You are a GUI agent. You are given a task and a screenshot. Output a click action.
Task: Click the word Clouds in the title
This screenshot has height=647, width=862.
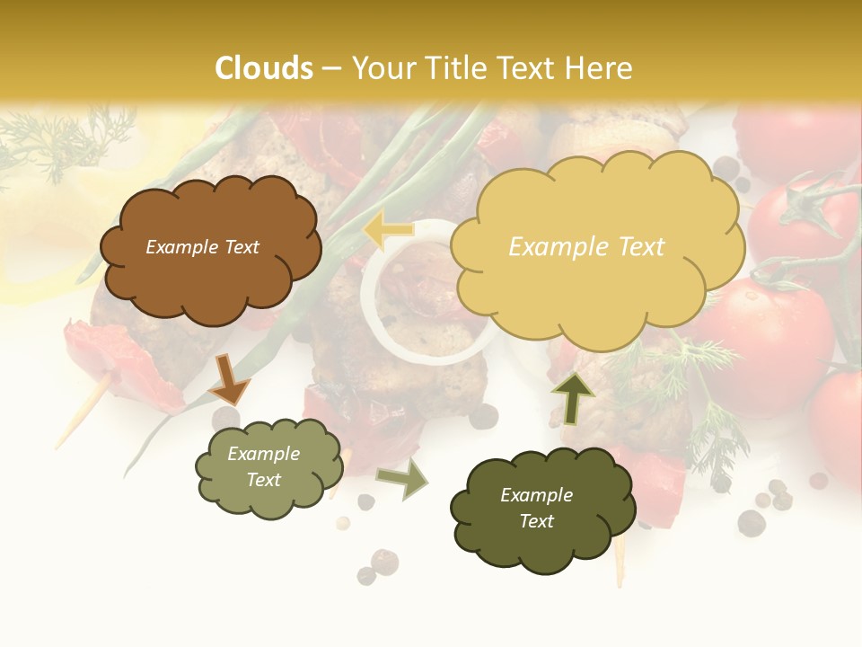[x=264, y=68]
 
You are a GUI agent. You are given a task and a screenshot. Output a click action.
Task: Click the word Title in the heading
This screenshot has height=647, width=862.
[x=451, y=68]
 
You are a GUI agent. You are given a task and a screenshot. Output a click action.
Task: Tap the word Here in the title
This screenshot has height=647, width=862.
[x=599, y=68]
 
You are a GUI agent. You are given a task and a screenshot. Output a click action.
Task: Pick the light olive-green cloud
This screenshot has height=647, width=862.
[x=268, y=467]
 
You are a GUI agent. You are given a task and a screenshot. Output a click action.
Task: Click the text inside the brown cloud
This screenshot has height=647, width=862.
[x=203, y=247]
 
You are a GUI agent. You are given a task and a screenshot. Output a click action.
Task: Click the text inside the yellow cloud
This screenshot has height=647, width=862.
[x=586, y=246]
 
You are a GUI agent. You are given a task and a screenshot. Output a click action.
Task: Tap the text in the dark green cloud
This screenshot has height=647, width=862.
[x=536, y=508]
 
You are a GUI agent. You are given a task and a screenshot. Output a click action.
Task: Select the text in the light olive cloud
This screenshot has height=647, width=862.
[x=264, y=467]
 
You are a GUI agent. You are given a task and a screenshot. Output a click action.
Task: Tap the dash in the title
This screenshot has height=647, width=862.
[x=332, y=69]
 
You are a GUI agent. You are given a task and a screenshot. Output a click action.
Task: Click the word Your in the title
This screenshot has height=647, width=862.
[x=383, y=68]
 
